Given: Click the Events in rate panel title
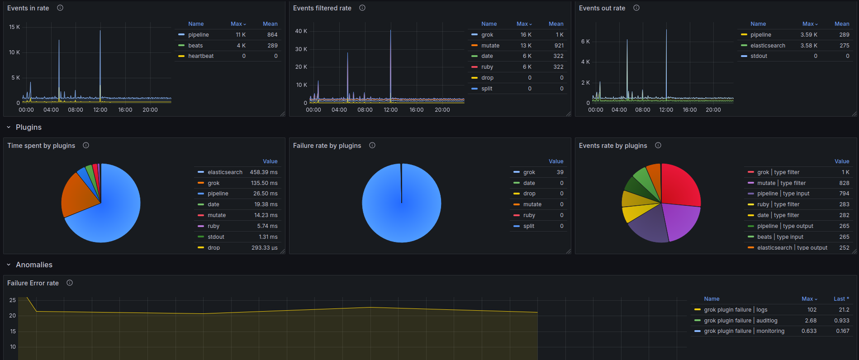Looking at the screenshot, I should [28, 8].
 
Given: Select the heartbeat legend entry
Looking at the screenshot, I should [201, 56].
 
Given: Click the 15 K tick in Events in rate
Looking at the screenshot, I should [14, 27].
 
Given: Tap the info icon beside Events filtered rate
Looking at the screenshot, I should [362, 8].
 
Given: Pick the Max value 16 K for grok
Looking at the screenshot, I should [526, 35].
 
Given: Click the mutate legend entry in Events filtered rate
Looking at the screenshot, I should [490, 46].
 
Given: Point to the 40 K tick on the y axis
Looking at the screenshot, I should [301, 31].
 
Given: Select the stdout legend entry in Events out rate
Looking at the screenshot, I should [759, 56].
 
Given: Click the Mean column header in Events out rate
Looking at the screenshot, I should [841, 24].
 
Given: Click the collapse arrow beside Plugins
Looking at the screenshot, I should [9, 128].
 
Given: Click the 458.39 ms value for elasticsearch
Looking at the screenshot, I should [263, 172].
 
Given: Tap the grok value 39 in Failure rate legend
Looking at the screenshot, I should [560, 172].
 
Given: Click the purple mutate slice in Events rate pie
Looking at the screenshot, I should [681, 222].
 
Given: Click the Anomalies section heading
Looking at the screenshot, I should [34, 265].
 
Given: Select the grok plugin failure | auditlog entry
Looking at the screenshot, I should [740, 321].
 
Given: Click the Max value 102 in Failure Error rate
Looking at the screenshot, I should [812, 310].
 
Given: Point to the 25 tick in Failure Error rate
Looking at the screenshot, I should [13, 300].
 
